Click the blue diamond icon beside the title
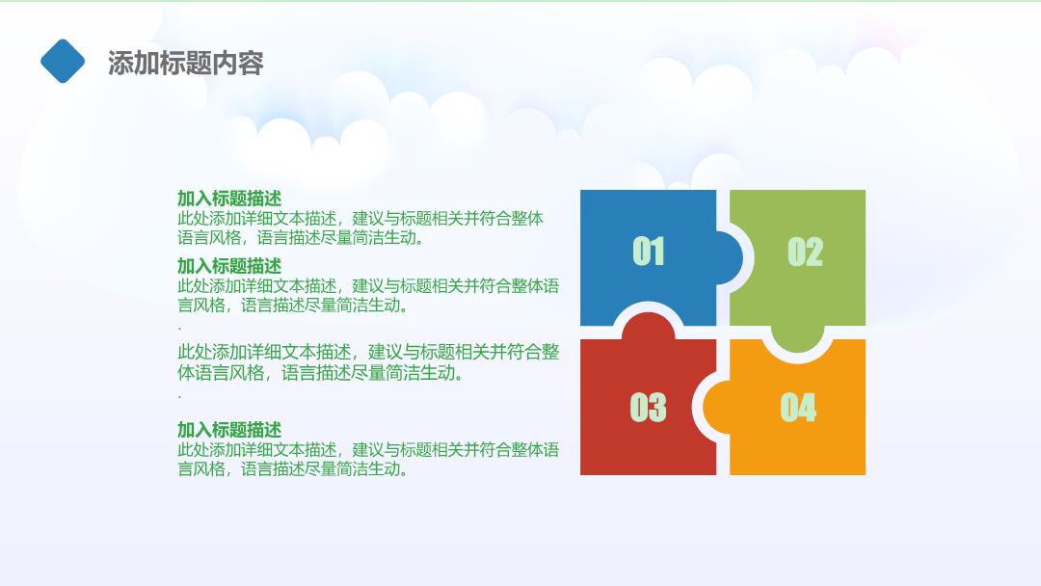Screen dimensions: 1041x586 [x=63, y=61]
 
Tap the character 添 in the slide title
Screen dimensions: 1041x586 [x=120, y=63]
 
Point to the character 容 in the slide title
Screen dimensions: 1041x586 [x=251, y=63]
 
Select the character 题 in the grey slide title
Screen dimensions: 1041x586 [x=199, y=63]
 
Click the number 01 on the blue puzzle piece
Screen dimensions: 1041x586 [x=648, y=252]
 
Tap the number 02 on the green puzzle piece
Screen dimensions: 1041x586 [x=805, y=252]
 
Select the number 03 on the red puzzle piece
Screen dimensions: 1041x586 [x=648, y=407]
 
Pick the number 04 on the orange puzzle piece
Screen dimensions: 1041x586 [x=798, y=407]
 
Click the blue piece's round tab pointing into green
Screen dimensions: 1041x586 [x=730, y=257]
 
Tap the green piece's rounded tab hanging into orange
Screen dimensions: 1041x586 [x=797, y=338]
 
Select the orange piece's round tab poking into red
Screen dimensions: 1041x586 [x=716, y=406]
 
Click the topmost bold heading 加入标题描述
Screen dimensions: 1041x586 [x=229, y=198]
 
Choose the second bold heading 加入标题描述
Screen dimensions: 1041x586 [x=229, y=265]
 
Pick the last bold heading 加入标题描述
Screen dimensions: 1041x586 [x=229, y=429]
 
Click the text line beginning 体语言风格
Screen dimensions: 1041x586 [x=320, y=373]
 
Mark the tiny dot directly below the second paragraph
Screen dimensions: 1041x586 [x=179, y=328]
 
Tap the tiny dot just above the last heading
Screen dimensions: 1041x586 [x=179, y=396]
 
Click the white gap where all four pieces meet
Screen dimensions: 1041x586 [x=723, y=333]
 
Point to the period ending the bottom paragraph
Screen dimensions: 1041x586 [x=404, y=472]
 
